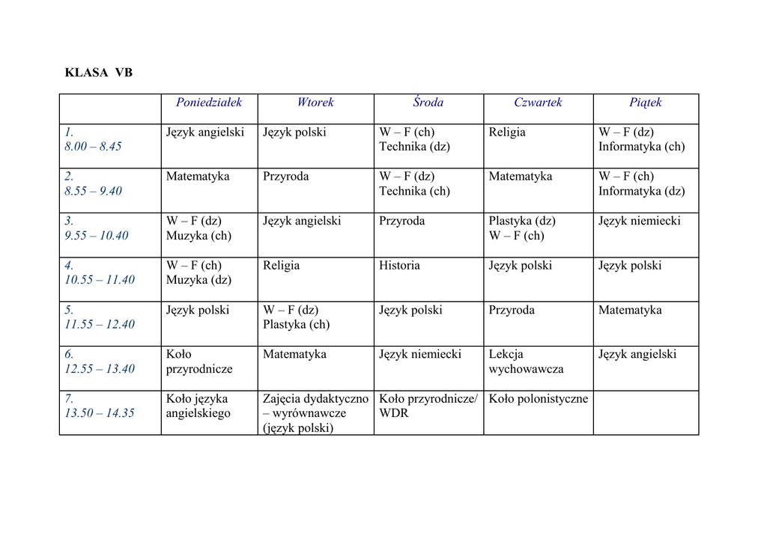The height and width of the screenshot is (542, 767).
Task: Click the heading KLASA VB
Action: coord(99,73)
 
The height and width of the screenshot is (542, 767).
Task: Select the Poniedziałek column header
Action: coord(209,103)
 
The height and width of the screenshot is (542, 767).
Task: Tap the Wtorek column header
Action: coord(315,103)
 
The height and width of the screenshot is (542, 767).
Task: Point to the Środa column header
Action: coord(428,103)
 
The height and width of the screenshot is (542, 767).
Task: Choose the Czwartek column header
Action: coord(538,103)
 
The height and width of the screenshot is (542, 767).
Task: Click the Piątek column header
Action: coord(646,103)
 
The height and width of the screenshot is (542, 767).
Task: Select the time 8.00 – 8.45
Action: coord(93,147)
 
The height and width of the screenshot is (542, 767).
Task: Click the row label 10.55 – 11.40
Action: coord(100,280)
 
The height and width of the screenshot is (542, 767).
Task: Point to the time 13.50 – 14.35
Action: coord(100,413)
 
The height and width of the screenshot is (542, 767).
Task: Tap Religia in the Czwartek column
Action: coord(507,133)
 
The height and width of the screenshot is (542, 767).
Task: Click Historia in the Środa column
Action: coord(399,266)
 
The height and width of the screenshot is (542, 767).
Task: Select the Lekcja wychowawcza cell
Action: coord(526,362)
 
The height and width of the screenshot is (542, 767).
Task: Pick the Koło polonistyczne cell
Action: coord(539,399)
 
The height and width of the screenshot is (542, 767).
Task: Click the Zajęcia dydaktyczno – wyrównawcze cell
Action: coord(315,413)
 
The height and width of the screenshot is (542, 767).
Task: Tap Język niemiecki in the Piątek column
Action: coord(640,222)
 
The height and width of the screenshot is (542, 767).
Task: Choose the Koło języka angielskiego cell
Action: coord(198,406)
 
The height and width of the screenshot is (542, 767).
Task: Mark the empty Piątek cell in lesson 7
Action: coord(646,412)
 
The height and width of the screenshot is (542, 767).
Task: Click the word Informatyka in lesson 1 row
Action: coord(630,147)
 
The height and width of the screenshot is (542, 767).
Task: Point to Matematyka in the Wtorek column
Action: coord(294,355)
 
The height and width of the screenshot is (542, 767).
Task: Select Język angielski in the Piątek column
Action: coord(637,355)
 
